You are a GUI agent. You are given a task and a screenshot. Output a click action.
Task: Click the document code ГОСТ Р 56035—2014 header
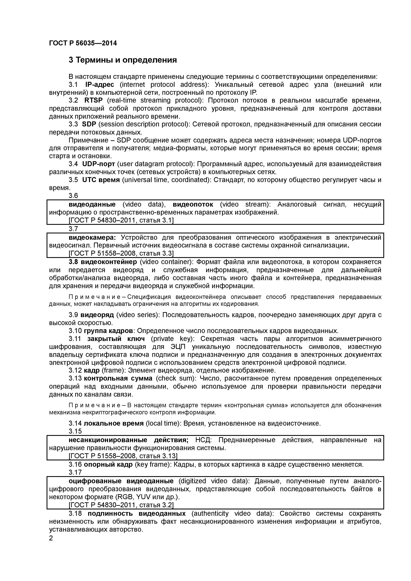tap(83, 43)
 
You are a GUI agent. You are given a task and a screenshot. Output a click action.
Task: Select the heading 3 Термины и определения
tap(123, 60)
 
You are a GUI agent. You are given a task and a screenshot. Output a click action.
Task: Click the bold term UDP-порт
tap(99, 164)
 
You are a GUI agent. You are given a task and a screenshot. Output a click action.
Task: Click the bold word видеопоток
tap(193, 204)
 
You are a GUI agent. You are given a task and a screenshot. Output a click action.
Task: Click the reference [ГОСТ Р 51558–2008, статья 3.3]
tap(121, 253)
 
